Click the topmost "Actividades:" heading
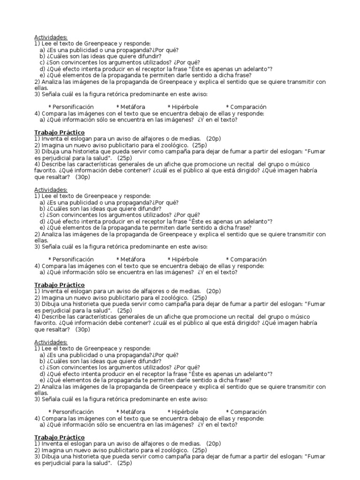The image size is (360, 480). [51, 37]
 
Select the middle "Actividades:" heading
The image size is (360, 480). [51, 189]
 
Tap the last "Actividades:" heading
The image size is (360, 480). [51, 342]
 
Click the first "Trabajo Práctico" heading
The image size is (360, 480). [59, 133]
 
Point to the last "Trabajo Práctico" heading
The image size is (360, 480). [59, 437]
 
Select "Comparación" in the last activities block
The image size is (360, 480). [248, 412]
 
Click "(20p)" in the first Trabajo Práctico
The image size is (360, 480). [213, 139]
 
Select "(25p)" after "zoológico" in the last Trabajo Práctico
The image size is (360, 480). [199, 450]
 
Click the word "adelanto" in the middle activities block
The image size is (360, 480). [254, 221]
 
